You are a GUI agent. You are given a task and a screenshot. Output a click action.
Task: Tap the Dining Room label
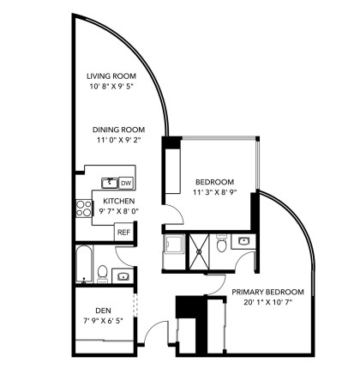point(118,130)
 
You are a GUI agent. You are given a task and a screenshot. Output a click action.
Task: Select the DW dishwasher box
point(125,183)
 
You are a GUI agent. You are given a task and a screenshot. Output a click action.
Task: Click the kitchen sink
point(109,183)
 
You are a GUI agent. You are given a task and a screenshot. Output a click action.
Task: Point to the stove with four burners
point(84,208)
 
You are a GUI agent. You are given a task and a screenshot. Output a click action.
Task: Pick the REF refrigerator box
point(123,232)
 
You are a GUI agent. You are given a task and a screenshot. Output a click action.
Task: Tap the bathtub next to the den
point(82,264)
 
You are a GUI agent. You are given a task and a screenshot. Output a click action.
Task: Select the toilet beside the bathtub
point(103,274)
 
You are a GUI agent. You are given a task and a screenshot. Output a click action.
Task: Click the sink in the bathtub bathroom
point(123,275)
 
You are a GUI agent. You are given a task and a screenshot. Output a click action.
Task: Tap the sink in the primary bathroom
point(243,241)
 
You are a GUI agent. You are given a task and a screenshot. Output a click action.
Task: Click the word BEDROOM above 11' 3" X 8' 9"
point(215,182)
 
